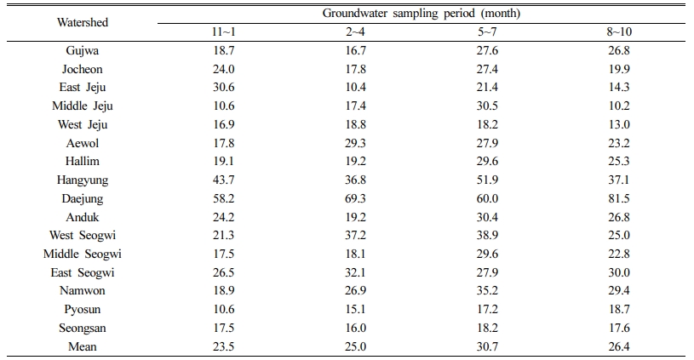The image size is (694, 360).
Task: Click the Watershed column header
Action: click(x=83, y=22)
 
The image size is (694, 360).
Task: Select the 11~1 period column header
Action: click(x=223, y=31)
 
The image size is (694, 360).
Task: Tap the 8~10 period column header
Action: click(x=619, y=31)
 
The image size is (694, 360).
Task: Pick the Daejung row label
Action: click(x=83, y=198)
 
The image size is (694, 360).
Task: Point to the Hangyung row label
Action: click(x=83, y=180)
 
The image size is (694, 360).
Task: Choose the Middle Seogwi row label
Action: click(x=83, y=254)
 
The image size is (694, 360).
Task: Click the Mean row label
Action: click(x=83, y=346)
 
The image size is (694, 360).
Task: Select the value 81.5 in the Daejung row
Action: click(x=619, y=198)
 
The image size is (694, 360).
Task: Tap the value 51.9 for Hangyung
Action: click(x=487, y=180)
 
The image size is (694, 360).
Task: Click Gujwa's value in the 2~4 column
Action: click(x=355, y=50)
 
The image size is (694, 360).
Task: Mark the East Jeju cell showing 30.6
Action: click(x=223, y=87)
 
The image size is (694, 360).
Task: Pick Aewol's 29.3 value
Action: click(x=355, y=143)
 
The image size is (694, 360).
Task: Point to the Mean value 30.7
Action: click(x=487, y=346)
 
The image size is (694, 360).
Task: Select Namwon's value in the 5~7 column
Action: click(x=487, y=290)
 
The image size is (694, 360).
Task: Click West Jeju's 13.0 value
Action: click(x=619, y=125)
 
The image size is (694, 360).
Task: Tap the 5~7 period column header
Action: click(x=487, y=31)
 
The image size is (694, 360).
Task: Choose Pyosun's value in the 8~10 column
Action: click(x=619, y=309)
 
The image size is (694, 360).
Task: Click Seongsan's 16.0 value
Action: click(x=355, y=328)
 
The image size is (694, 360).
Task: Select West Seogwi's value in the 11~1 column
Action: click(x=223, y=235)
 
